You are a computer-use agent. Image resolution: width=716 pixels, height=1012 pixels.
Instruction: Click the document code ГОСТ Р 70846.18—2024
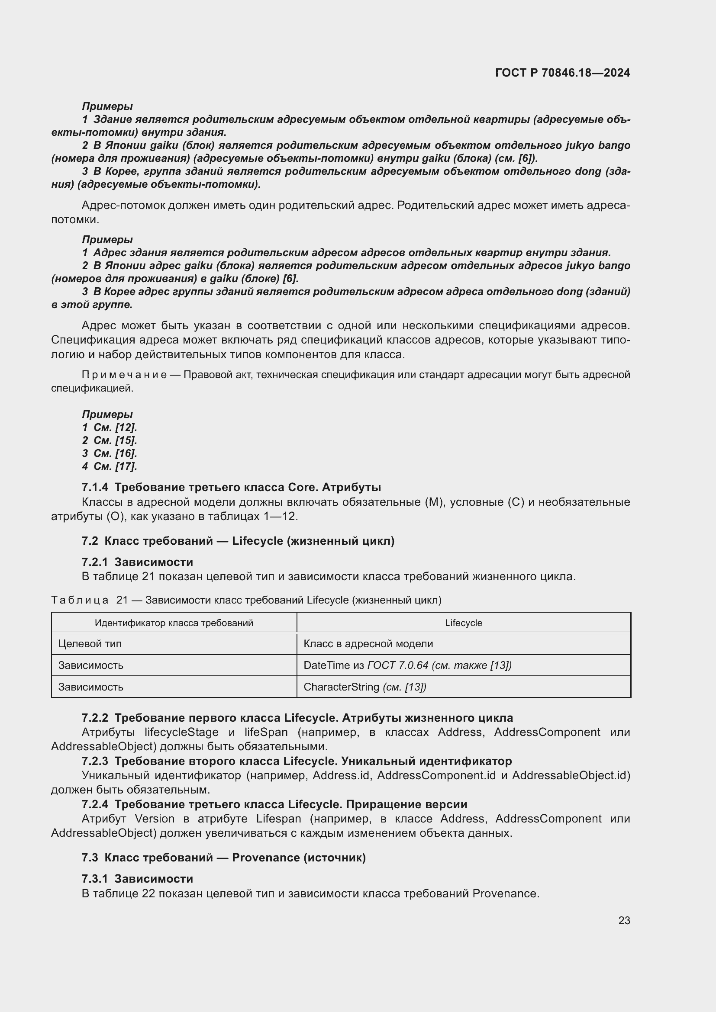pos(563,73)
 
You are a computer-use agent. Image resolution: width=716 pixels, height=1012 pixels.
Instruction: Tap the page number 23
pos(624,920)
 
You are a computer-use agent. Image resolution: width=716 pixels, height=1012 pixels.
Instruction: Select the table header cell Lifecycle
pos(463,623)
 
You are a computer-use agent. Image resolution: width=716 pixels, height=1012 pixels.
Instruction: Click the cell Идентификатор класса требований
pos(174,623)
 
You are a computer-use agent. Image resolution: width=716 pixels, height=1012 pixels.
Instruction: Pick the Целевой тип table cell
pos(90,643)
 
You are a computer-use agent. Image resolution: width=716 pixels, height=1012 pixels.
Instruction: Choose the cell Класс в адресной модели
pos(368,643)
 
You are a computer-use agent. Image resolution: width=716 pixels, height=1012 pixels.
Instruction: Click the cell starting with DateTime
pos(407,665)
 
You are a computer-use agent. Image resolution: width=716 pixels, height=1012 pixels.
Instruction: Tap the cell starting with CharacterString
pos(364,687)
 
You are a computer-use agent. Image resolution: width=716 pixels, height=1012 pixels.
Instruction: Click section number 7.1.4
pos(95,487)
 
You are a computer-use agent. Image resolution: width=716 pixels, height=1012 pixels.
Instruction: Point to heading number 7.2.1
pos(95,562)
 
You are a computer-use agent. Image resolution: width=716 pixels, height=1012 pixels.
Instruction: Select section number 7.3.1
pos(95,878)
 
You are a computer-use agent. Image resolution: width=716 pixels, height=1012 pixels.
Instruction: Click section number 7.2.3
pos(95,761)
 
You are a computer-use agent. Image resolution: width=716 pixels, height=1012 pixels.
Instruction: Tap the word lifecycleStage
pos(181,732)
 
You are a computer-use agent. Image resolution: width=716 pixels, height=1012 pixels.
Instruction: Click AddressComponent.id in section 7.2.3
pos(436,775)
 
